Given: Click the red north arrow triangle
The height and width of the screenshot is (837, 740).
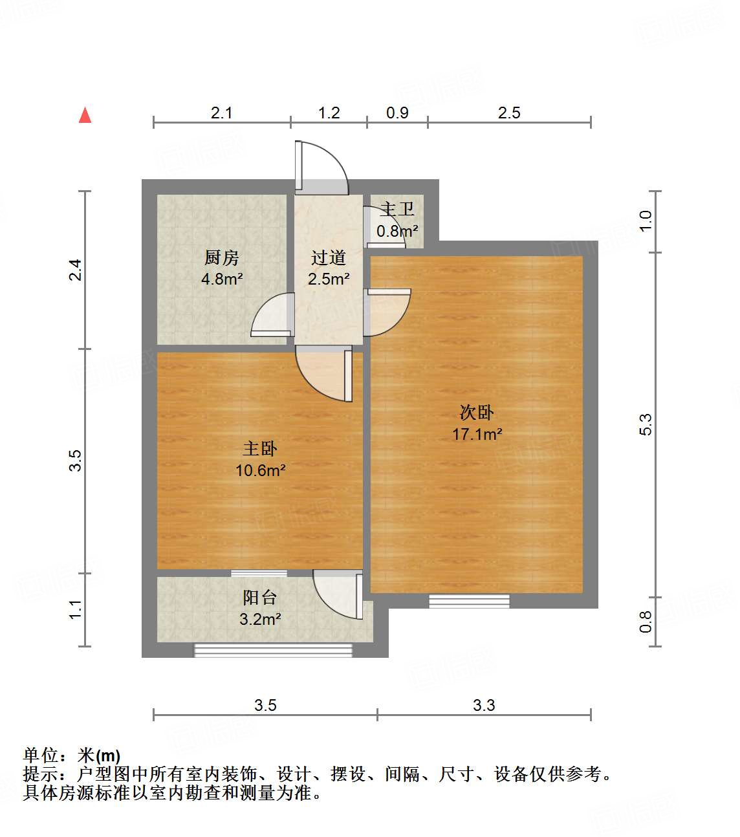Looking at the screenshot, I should (85, 115).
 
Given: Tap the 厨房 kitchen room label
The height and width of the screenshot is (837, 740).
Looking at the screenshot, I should (222, 257).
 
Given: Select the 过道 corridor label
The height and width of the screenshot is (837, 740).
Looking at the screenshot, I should (329, 257).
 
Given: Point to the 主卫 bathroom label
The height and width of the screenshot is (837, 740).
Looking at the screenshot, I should (397, 209).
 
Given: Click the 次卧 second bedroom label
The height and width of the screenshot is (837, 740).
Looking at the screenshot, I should (477, 412).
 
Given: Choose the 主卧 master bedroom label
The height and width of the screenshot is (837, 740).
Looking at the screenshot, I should (260, 448).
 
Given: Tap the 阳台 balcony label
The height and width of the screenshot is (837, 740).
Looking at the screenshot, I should (260, 597).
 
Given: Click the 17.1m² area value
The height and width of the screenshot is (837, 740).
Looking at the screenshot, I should (477, 434).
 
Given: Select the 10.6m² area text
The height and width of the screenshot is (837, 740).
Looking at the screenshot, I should (260, 470).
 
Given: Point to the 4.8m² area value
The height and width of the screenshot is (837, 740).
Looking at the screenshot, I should (222, 279).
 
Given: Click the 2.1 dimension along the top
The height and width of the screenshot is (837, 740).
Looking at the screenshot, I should (221, 113).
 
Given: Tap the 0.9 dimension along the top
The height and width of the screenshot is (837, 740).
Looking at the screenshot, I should (397, 113).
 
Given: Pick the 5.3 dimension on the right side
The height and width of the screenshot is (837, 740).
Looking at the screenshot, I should (646, 424).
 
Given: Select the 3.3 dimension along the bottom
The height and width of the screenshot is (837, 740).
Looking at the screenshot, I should (484, 705).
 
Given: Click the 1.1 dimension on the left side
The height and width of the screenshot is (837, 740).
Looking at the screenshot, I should (76, 609).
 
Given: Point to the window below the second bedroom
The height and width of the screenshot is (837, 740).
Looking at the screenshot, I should (469, 602).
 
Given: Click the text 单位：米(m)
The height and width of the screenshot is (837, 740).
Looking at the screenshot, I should (72, 755).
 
